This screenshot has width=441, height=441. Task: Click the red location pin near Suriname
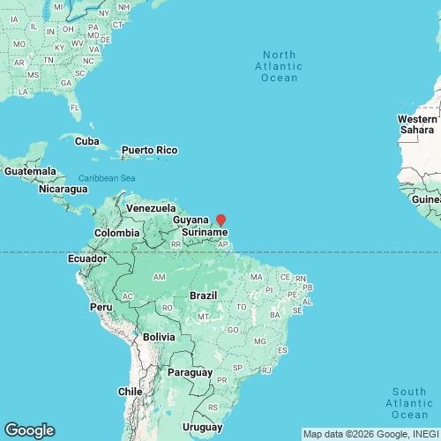[x=221, y=220]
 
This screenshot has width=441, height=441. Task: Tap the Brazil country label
[x=205, y=296]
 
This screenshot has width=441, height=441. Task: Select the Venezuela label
[x=146, y=207]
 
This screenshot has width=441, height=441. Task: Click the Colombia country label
[x=117, y=233]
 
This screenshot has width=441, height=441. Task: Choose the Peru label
[x=101, y=307]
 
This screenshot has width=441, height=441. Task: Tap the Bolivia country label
[x=159, y=337]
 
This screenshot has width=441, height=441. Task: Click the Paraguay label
[x=190, y=372]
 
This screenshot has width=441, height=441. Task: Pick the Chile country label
[x=130, y=391]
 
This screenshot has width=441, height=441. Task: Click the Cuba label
[x=86, y=141]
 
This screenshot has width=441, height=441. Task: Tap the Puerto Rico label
[x=149, y=150]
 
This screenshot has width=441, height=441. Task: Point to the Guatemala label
[x=29, y=171]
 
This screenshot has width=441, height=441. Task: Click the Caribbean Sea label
[x=106, y=178]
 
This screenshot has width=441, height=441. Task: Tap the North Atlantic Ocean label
[x=279, y=66]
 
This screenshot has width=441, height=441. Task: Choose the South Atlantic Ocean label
[x=410, y=403]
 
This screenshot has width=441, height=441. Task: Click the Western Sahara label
[x=417, y=124]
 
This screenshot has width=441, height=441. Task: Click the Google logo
[x=29, y=430]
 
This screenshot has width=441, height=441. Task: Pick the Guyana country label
[x=191, y=219]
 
